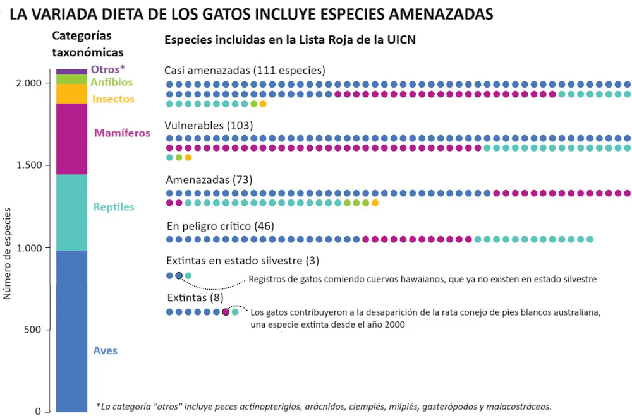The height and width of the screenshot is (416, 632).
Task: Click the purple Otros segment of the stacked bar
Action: (71, 72)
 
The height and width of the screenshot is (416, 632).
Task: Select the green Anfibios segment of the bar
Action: (71, 79)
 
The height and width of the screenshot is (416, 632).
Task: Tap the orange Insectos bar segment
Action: (71, 93)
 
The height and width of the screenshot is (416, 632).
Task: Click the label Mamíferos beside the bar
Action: (122, 133)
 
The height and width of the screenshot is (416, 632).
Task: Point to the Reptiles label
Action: (114, 207)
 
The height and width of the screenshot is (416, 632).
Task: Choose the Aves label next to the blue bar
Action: (105, 350)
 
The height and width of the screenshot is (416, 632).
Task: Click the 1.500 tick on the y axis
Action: (29, 165)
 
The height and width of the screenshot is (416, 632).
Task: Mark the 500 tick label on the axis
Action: (32, 330)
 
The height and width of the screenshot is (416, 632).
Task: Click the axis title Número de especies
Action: (7, 254)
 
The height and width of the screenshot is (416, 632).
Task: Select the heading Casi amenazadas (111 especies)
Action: (245, 71)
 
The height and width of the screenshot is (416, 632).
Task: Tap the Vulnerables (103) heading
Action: (209, 126)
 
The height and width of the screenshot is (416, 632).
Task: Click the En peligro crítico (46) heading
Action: (221, 226)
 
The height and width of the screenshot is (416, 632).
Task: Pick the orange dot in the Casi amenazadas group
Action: (263, 104)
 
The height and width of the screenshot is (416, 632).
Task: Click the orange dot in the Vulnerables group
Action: (188, 157)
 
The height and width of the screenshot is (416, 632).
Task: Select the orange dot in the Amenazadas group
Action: (375, 203)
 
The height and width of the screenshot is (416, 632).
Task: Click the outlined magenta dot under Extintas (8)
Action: (226, 312)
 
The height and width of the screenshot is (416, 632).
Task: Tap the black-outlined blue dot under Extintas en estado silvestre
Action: (179, 276)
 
